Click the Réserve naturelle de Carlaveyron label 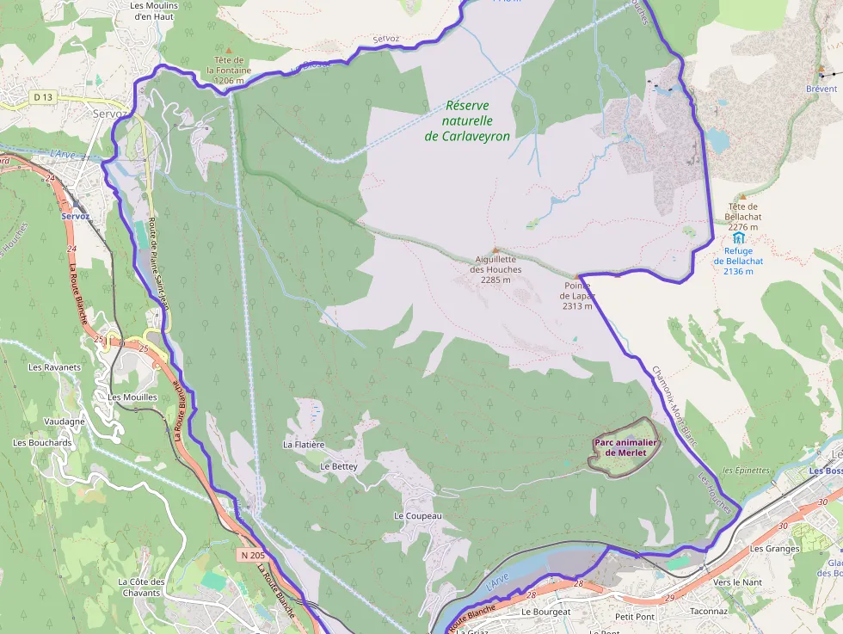[x=468, y=120]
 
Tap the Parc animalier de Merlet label [x=625, y=447]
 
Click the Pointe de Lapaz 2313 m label [x=577, y=295]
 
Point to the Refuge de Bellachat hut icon [x=738, y=238]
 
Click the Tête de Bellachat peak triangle [x=742, y=197]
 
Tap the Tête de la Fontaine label [x=229, y=70]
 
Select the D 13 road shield [x=43, y=97]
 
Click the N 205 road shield [x=253, y=556]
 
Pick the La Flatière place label [x=304, y=445]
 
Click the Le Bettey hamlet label [x=338, y=465]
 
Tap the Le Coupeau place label [x=417, y=516]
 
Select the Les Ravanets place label [x=54, y=367]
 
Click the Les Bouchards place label [x=42, y=442]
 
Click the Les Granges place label [x=774, y=548]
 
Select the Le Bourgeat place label [x=545, y=612]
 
